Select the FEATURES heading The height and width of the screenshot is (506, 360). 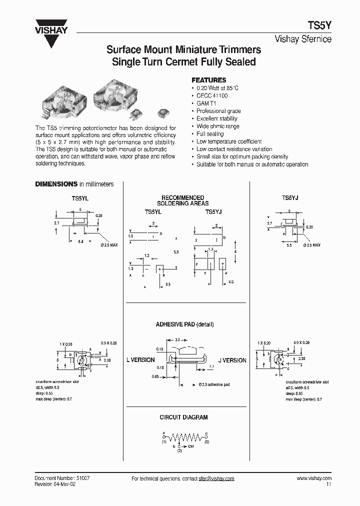click(x=209, y=80)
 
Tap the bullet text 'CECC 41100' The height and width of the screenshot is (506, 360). click(x=212, y=95)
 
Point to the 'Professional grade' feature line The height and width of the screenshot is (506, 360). click(x=218, y=111)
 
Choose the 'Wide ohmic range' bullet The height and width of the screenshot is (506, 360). click(x=217, y=126)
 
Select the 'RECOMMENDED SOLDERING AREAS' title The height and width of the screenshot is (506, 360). click(x=183, y=200)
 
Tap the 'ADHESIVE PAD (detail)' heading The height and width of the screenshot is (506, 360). click(x=184, y=324)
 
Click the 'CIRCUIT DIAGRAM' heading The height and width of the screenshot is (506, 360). click(x=183, y=417)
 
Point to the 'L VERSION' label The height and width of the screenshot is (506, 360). click(x=140, y=360)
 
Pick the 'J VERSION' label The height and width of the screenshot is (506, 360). click(x=232, y=360)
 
